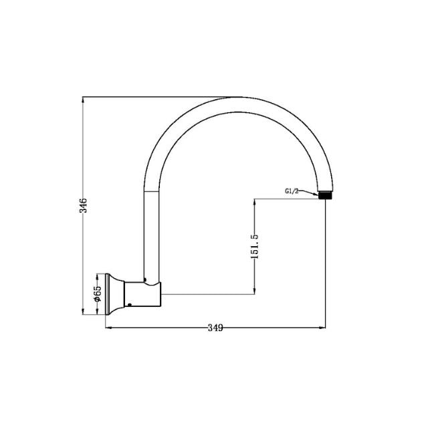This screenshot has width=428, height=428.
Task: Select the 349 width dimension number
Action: (x=214, y=328)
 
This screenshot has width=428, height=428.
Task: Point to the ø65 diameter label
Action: (x=97, y=294)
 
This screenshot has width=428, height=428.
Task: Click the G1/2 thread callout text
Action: (x=292, y=191)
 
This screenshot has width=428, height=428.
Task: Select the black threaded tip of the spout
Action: (x=326, y=197)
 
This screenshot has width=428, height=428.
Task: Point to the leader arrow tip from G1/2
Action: (x=317, y=195)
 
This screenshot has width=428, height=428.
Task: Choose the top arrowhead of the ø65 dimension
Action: (x=97, y=276)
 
